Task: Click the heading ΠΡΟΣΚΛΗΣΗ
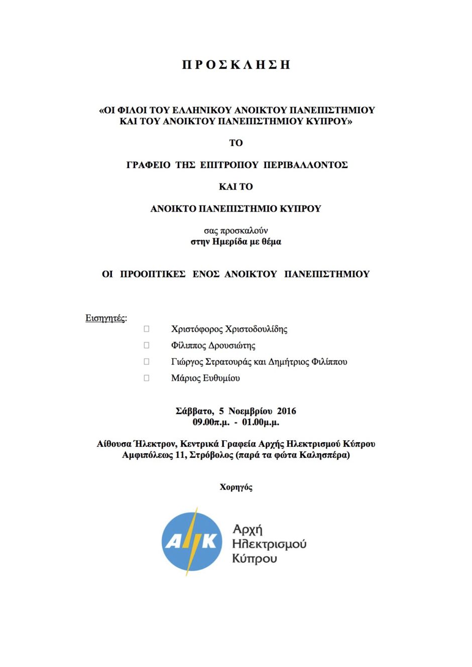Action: [236, 65]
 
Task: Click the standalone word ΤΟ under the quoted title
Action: [236, 143]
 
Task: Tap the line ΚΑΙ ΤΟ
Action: [236, 187]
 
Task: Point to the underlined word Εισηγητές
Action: [105, 318]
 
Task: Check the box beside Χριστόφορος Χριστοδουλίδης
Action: [147, 329]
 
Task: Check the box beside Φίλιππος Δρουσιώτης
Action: [147, 345]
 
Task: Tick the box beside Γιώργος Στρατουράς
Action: [147, 362]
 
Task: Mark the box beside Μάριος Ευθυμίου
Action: [147, 378]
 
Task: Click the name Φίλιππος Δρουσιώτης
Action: [213, 346]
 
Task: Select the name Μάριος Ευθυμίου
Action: [205, 378]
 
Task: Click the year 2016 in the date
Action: [287, 411]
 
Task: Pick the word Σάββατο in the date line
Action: [194, 411]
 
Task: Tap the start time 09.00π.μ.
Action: [211, 422]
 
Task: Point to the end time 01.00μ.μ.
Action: [261, 422]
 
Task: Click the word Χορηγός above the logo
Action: [236, 487]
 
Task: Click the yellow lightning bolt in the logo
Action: [191, 542]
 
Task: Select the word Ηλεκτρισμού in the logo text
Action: [269, 544]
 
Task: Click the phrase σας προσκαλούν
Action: [236, 231]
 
